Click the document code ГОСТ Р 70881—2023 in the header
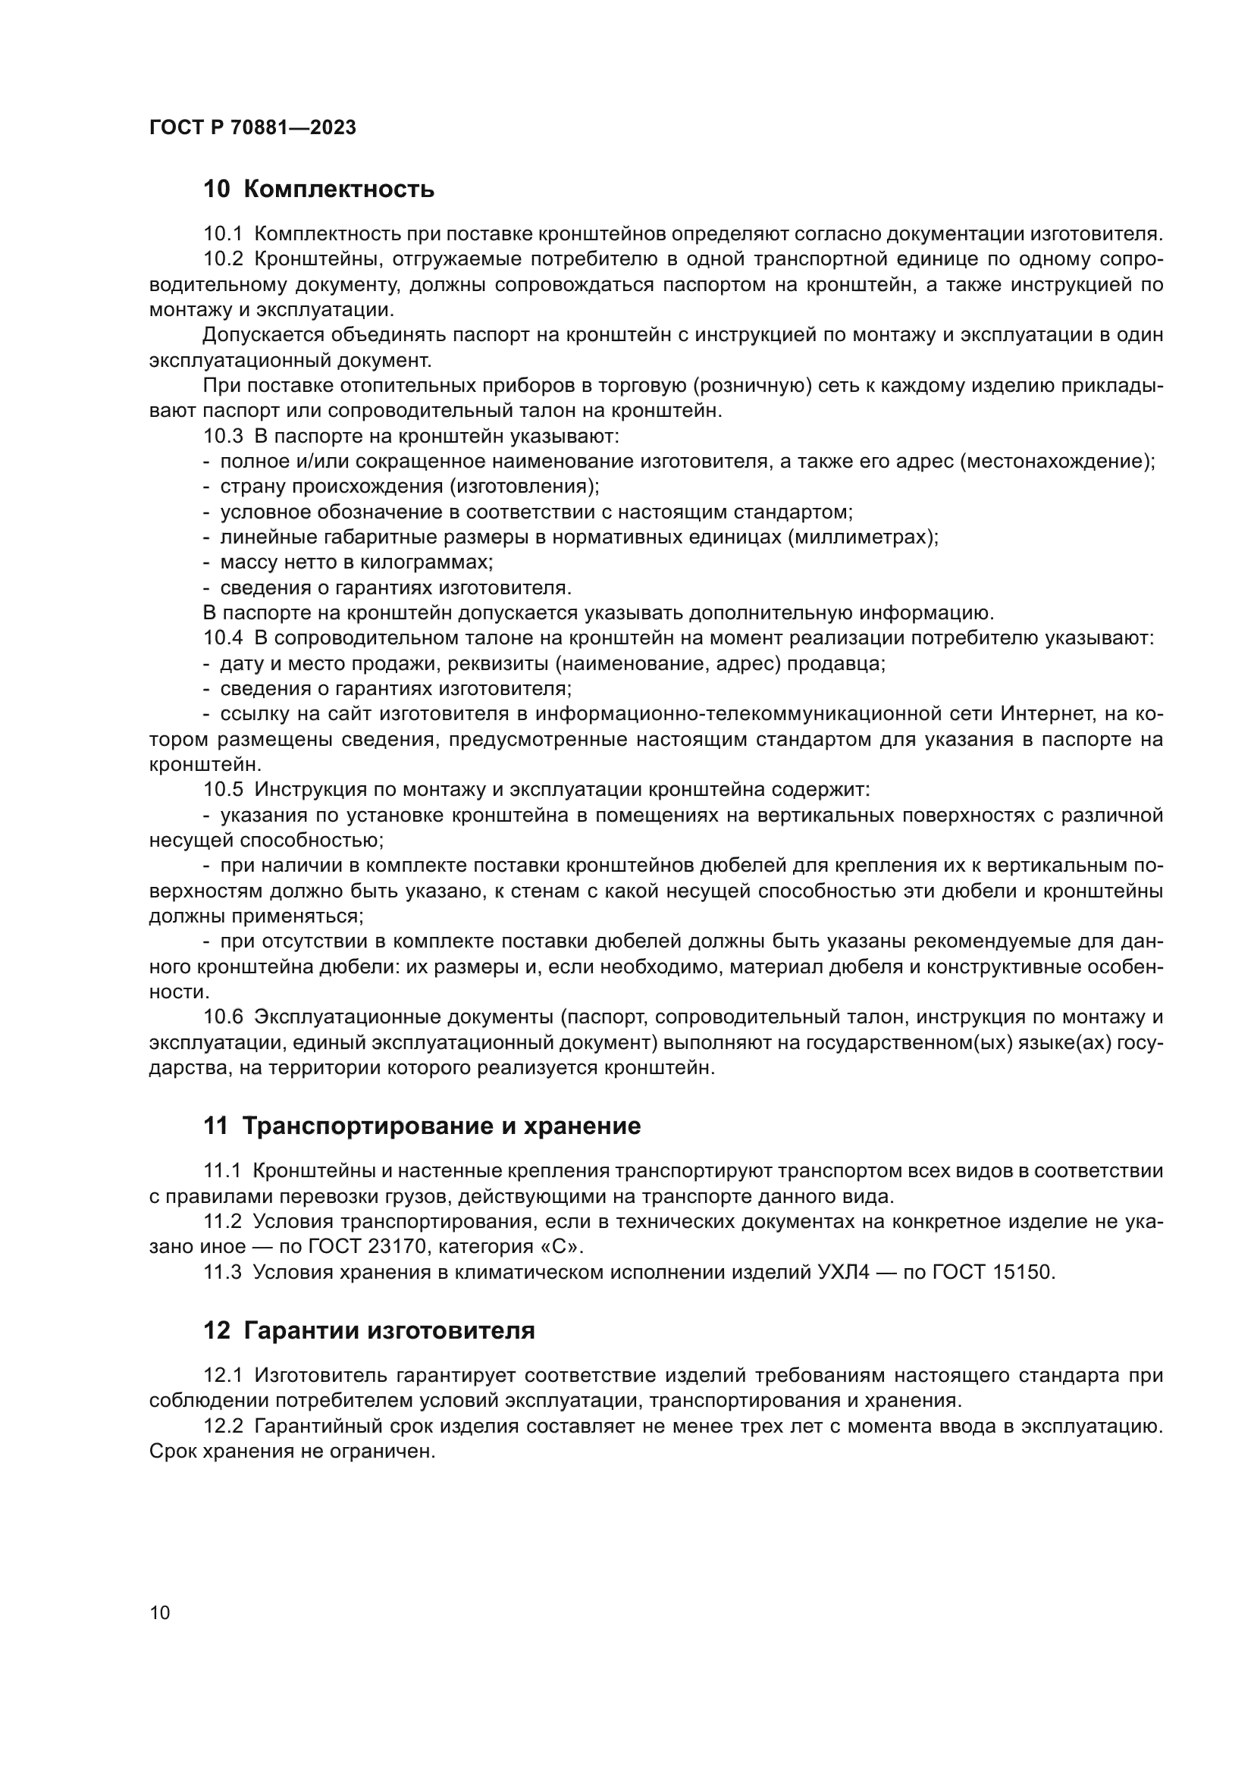[252, 127]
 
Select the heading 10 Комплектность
[318, 190]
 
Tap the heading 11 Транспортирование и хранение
[422, 1126]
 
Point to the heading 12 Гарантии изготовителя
[368, 1330]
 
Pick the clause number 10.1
[222, 234]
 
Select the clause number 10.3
[222, 437]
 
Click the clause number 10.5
[222, 790]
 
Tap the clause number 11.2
[222, 1222]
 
